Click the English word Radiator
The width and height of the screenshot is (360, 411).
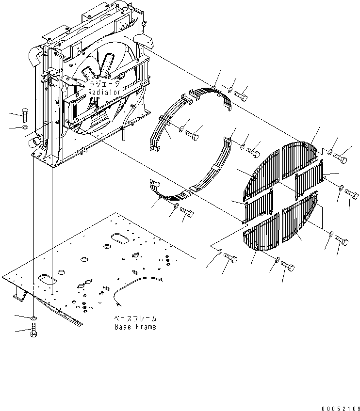coord(104,92)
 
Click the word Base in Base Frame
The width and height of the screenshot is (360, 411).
coord(123,327)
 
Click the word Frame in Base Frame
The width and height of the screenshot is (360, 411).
coord(146,327)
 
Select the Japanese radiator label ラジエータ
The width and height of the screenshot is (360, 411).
coord(104,84)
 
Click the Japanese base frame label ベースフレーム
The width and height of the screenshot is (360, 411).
coord(135,318)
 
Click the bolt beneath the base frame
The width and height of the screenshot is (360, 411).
coord(34,330)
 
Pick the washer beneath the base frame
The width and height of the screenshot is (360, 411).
coord(34,318)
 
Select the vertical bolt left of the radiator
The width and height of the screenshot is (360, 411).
coord(24,115)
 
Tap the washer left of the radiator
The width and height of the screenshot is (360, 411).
coord(25,127)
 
